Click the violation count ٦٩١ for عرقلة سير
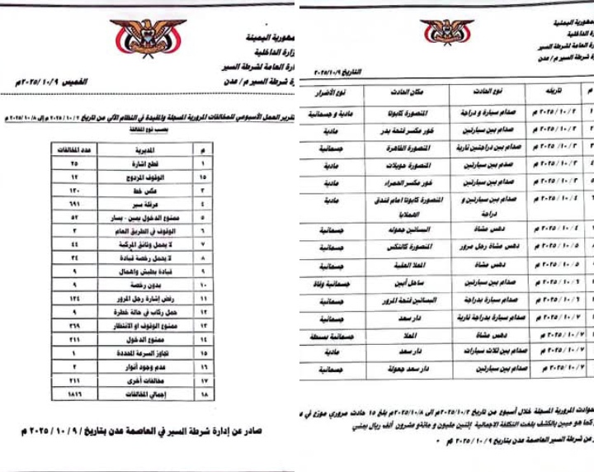pos(75,203)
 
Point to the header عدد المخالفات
pos(75,150)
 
